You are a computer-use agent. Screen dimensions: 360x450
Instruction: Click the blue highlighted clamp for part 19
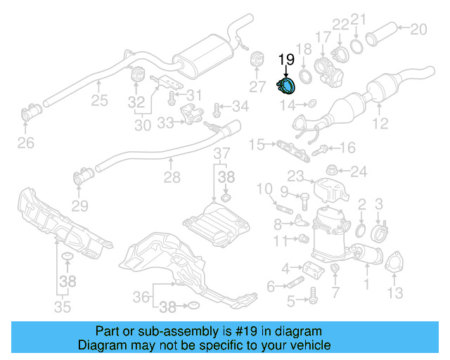click(287, 86)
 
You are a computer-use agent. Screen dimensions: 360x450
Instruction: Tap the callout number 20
click(418, 29)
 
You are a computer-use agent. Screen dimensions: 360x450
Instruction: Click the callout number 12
click(380, 125)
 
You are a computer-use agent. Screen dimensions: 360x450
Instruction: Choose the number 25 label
click(99, 101)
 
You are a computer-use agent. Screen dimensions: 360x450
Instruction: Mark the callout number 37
click(221, 154)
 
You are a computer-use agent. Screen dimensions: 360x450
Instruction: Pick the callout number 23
click(295, 176)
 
